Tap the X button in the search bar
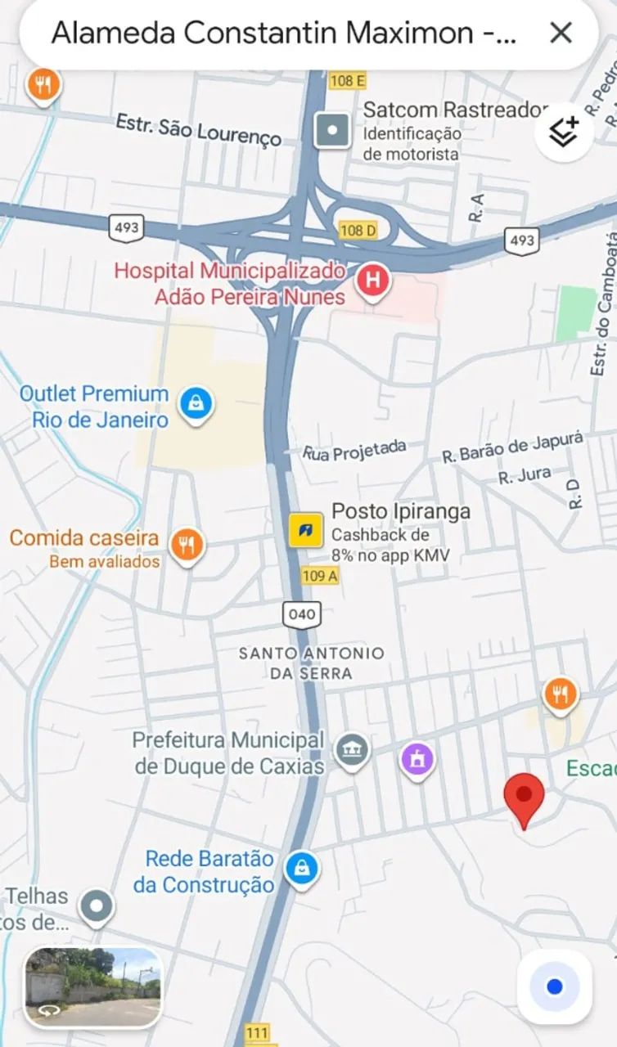coord(561,33)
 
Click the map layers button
coord(564,131)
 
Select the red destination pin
coord(524,798)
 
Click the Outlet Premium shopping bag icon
coord(196,402)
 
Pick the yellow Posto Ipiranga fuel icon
coord(306,529)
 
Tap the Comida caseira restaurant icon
coord(187,543)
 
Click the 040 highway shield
coord(301,613)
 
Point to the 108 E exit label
coord(348,80)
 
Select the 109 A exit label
coord(320,575)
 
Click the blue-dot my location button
coord(554,986)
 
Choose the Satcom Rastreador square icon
coord(332,129)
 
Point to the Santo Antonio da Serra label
coord(311,663)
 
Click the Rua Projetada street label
coord(354,450)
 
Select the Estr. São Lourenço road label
coord(199,129)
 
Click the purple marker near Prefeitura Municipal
coord(417,760)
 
